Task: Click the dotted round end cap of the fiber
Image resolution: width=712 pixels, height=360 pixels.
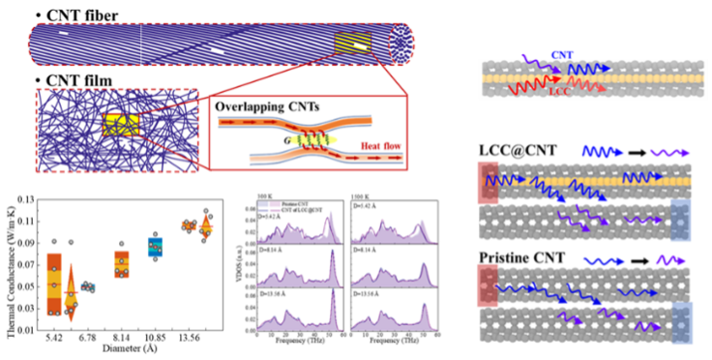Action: pos(400,44)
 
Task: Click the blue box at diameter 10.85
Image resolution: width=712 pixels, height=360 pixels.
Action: pos(155,248)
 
